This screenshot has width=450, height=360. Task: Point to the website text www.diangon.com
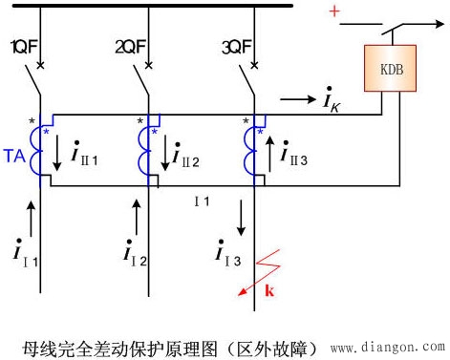click(x=387, y=348)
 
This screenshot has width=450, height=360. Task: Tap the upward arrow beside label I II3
click(x=270, y=151)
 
